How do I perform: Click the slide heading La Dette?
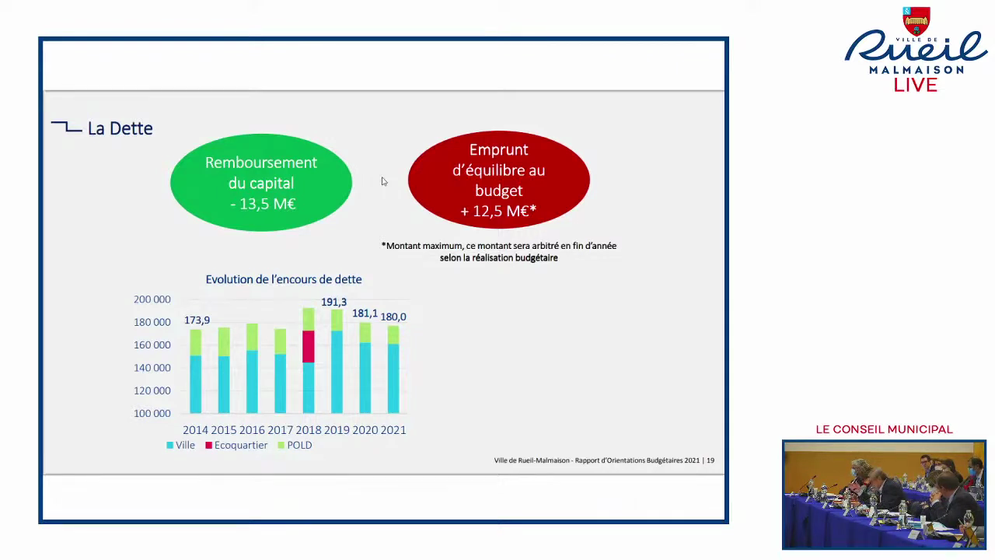[x=120, y=128]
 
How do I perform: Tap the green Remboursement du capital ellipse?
[x=261, y=183]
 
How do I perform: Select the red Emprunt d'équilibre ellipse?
[x=498, y=180]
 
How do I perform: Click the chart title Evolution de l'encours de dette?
[x=283, y=279]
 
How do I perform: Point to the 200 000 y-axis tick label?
[x=152, y=299]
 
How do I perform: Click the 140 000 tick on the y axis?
[x=152, y=368]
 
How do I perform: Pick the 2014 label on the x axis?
[x=195, y=430]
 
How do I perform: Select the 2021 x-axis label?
[x=393, y=430]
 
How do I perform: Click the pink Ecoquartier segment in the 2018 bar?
[x=309, y=346]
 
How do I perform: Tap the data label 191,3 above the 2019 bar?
[x=334, y=302]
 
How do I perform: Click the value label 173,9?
[x=197, y=320]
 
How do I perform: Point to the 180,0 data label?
[x=393, y=317]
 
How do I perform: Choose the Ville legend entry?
[x=181, y=445]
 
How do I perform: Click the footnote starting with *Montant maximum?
[x=499, y=251]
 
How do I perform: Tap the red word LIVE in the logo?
[x=916, y=85]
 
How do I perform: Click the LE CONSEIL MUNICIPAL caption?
[x=884, y=429]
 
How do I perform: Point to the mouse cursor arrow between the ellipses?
[x=383, y=181]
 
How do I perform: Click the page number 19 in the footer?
[x=710, y=460]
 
